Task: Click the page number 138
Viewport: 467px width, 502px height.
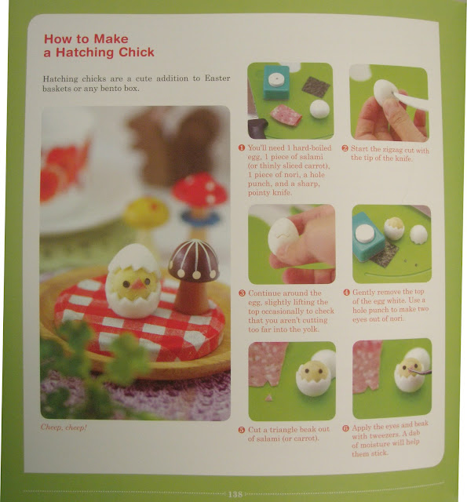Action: (x=235, y=494)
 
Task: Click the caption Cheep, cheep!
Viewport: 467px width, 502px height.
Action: (x=64, y=427)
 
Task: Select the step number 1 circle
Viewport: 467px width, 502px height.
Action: (x=242, y=147)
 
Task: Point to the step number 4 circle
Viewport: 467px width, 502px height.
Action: (x=346, y=293)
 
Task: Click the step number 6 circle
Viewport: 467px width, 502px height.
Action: (x=345, y=428)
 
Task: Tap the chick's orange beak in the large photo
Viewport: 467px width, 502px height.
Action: (x=139, y=284)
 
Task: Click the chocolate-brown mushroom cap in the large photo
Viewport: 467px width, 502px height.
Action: (x=194, y=260)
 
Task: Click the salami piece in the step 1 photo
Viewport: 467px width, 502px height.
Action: (x=286, y=115)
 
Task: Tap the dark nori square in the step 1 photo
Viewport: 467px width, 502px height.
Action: (x=316, y=86)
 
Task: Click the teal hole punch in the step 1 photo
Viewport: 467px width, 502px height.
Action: (x=276, y=82)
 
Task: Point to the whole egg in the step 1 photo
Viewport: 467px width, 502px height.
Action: (x=319, y=109)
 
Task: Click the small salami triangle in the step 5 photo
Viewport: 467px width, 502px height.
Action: (x=269, y=398)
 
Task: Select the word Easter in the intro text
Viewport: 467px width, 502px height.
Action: (x=217, y=78)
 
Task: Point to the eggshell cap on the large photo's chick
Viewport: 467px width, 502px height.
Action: (x=134, y=258)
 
